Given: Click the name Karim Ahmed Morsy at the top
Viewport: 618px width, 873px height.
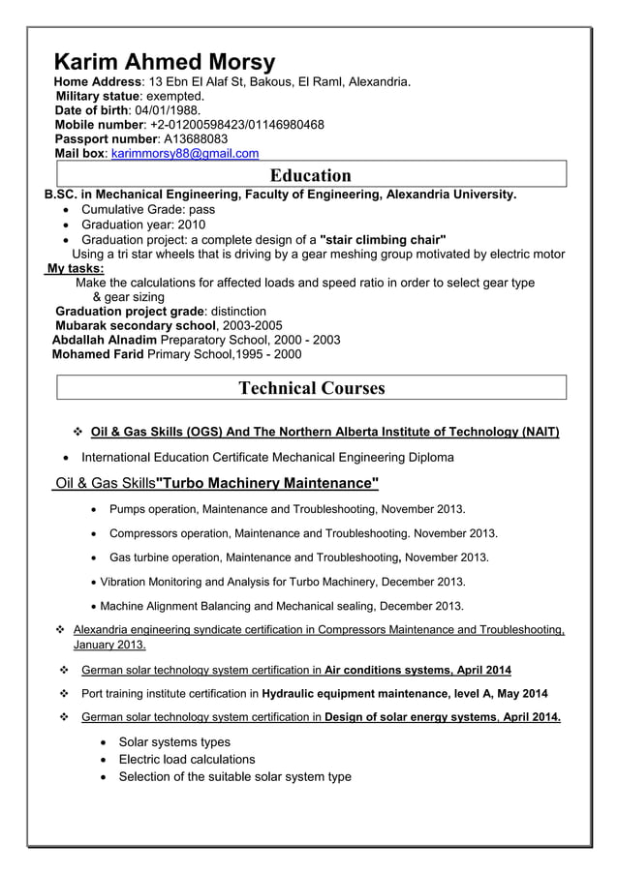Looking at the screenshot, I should [164, 61].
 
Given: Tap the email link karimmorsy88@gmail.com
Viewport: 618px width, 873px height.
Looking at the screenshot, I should [185, 154].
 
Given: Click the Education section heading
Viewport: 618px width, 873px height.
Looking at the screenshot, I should [310, 175].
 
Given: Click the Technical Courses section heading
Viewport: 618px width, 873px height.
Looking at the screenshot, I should [311, 388].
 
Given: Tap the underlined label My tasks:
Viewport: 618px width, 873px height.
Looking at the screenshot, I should [76, 268].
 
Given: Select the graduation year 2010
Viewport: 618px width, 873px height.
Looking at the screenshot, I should [190, 225].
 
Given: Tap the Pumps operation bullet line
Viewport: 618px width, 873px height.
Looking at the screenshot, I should [287, 508].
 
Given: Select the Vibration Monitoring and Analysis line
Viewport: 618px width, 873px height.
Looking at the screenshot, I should [283, 582].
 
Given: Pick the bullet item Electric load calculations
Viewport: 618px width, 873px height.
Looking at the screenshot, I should [186, 759].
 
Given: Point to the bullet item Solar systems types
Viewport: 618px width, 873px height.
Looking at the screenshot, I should [174, 741].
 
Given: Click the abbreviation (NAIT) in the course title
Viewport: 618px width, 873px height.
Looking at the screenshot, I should [539, 432].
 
